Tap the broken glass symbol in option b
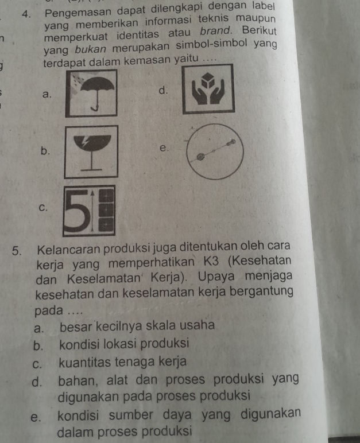pyautogui.click(x=92, y=151)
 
